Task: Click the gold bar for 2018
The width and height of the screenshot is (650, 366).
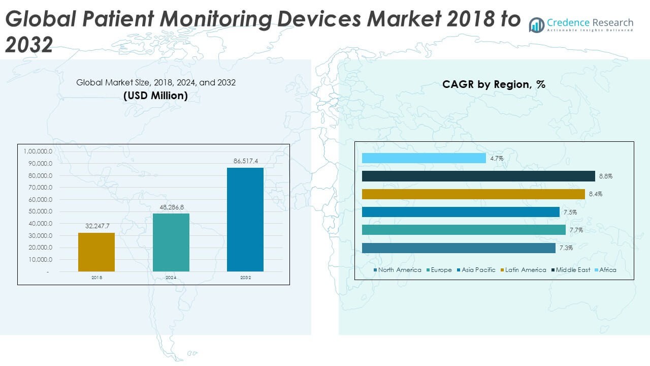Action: (x=96, y=252)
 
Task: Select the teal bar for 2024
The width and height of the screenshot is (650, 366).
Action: (x=171, y=242)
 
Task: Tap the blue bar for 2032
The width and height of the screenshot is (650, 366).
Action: (x=245, y=219)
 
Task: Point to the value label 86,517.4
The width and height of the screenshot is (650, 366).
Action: (x=245, y=161)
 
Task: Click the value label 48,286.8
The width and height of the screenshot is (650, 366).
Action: (x=171, y=207)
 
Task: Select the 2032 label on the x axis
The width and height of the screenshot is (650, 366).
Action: (x=245, y=278)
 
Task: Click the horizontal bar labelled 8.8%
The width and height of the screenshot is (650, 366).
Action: (x=478, y=176)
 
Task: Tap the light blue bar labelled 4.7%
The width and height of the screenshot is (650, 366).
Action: (x=424, y=158)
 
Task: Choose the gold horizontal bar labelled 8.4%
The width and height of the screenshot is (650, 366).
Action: (x=473, y=194)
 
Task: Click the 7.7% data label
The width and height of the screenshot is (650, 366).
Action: (x=576, y=230)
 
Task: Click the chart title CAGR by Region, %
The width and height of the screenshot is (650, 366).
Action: (x=494, y=84)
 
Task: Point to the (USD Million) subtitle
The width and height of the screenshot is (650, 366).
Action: (x=155, y=95)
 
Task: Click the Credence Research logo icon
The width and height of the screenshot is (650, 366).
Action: (x=536, y=24)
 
